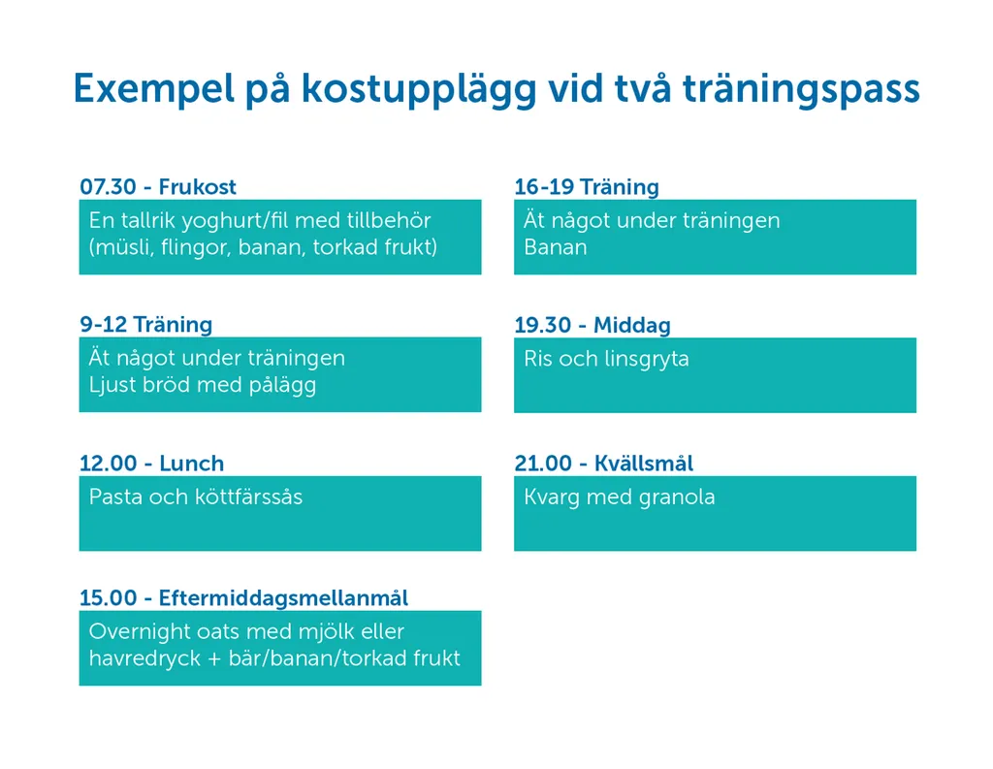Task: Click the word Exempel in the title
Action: point(154,88)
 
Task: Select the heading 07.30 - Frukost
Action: point(158,187)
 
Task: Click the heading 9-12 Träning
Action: point(146,325)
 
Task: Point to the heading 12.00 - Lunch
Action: point(152,463)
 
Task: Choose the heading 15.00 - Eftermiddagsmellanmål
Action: point(243,598)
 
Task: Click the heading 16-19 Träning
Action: point(587,187)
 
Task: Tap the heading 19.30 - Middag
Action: point(593,326)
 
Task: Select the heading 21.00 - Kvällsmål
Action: point(604,463)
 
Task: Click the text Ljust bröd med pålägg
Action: point(203,385)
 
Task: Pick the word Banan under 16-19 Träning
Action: point(556,247)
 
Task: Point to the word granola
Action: point(677,497)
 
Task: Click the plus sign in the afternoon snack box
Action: point(214,658)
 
